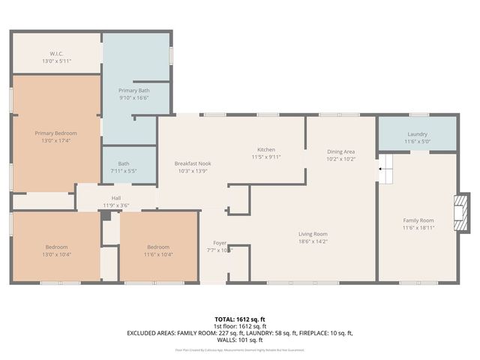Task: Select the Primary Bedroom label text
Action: pyautogui.click(x=55, y=133)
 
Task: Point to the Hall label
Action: pyautogui.click(x=116, y=198)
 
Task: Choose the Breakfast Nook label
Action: pyautogui.click(x=193, y=163)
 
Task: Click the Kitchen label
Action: pyautogui.click(x=267, y=149)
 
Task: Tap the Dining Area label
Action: pyautogui.click(x=340, y=151)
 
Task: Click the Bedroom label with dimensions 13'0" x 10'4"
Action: pyautogui.click(x=55, y=247)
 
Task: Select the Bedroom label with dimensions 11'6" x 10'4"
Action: pyautogui.click(x=158, y=247)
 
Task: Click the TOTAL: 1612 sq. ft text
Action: pyautogui.click(x=240, y=318)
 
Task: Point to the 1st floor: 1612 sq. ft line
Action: pyautogui.click(x=240, y=325)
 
